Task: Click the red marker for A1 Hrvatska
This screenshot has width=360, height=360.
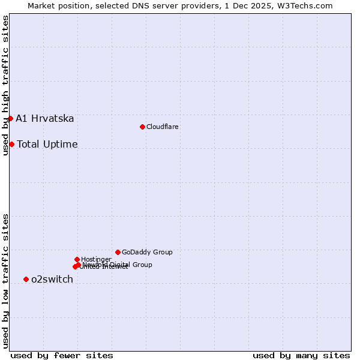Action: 10,118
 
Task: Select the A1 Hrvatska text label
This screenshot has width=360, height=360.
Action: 45,118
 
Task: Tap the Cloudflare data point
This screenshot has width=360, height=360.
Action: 142,127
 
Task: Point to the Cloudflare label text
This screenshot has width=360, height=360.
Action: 163,127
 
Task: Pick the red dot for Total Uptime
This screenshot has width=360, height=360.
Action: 11,144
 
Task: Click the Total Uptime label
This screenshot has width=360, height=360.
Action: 47,144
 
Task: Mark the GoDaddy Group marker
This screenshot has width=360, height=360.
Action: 118,252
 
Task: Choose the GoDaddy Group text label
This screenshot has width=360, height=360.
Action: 147,252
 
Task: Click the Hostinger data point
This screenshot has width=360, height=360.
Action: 77,259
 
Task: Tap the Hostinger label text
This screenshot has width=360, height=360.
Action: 96,259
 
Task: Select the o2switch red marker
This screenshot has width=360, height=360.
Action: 26,279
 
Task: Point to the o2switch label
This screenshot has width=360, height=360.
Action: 52,279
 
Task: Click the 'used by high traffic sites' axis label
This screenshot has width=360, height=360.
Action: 5,85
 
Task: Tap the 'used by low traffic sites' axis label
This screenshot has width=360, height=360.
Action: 5,280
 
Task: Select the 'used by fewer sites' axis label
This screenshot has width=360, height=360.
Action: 62,355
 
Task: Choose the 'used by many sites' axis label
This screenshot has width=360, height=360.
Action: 301,355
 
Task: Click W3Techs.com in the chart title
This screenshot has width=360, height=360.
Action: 307,5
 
